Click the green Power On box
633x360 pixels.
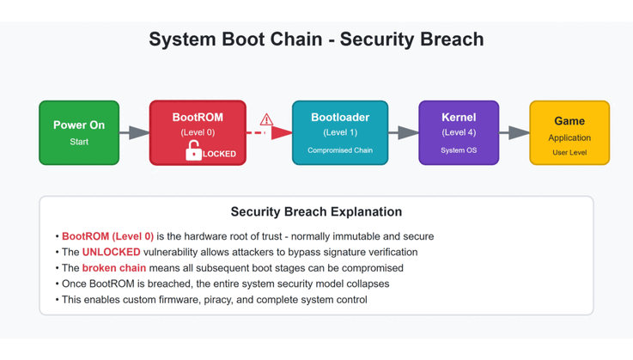pyautogui.click(x=79, y=132)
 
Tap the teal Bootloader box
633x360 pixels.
pyautogui.click(x=340, y=132)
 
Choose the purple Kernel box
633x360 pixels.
pyautogui.click(x=459, y=132)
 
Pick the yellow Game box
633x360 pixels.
pyautogui.click(x=569, y=132)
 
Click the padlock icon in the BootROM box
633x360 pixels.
pyautogui.click(x=193, y=151)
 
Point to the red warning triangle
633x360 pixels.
pyautogui.click(x=266, y=119)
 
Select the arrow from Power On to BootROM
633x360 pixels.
pyautogui.click(x=135, y=132)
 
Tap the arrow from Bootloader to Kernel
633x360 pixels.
pyautogui.click(x=404, y=132)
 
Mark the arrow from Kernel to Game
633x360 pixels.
pyautogui.click(x=514, y=132)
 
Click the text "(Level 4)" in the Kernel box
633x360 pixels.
pyautogui.click(x=459, y=132)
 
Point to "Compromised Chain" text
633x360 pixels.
pyautogui.click(x=340, y=150)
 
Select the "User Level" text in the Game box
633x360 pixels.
pyautogui.click(x=569, y=152)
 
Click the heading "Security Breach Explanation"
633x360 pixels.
pyautogui.click(x=316, y=211)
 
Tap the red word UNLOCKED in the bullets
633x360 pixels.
pyautogui.click(x=111, y=252)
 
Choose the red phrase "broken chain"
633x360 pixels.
pyautogui.click(x=113, y=268)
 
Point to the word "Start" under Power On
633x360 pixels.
pyautogui.click(x=79, y=142)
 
